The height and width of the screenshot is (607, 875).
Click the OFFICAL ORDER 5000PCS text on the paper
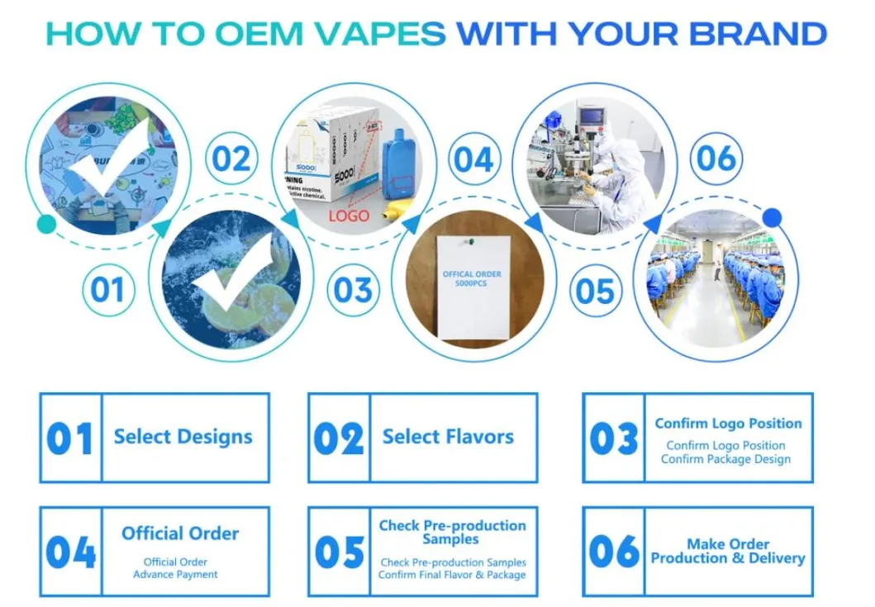(x=471, y=279)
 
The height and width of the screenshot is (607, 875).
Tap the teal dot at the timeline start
(x=47, y=224)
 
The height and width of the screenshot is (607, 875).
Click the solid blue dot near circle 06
(x=772, y=217)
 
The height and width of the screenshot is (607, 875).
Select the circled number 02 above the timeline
(x=231, y=159)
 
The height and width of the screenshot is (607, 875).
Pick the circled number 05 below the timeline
(x=596, y=291)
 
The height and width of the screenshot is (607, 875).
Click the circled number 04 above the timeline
(x=473, y=159)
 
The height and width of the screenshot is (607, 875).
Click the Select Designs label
(x=183, y=437)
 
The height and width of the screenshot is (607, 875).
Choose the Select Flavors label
(x=448, y=437)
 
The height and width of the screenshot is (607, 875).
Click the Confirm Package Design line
(x=725, y=460)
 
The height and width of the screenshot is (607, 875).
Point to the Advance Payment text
(x=176, y=574)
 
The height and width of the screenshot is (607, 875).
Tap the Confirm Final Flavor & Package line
(x=452, y=575)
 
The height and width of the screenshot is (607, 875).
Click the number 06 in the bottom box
(x=615, y=552)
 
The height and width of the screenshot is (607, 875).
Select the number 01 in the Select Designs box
(x=69, y=439)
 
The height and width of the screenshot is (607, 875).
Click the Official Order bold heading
(x=180, y=533)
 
